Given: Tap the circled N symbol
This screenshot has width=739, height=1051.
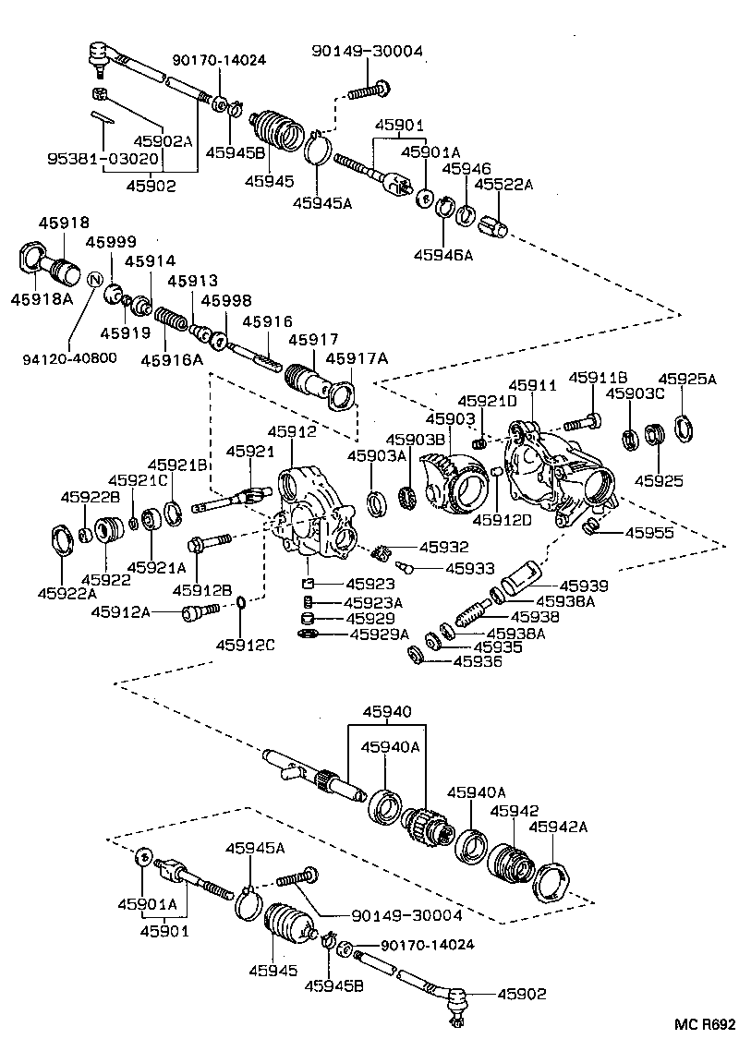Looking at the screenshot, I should (93, 278).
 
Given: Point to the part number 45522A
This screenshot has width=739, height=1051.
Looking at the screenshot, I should (504, 185).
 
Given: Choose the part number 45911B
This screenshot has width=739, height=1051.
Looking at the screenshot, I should (598, 377).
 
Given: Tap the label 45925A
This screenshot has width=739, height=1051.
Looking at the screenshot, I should (686, 379).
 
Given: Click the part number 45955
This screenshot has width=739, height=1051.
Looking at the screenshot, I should (649, 532).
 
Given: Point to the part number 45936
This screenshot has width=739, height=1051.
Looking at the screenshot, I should (478, 661).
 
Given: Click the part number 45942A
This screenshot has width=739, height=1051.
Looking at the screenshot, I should (563, 827).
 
